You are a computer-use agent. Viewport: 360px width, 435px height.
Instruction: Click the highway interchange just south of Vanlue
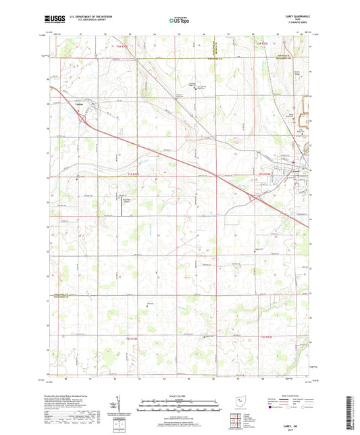click(82, 119)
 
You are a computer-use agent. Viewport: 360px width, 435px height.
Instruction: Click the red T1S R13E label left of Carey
click(264, 174)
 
